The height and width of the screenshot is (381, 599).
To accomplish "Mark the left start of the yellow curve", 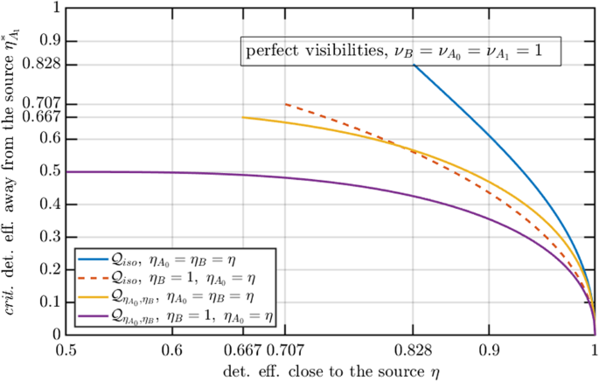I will point(243,117).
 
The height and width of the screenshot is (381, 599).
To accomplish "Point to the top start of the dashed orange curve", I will point(286,104).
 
